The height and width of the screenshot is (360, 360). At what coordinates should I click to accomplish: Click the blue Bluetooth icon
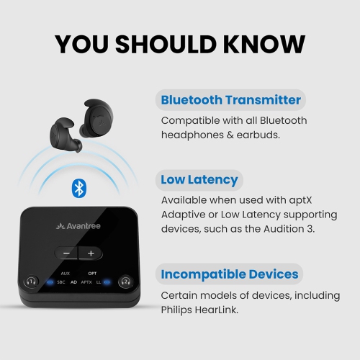click(x=78, y=189)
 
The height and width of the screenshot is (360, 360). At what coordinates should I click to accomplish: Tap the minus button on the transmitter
click(x=66, y=253)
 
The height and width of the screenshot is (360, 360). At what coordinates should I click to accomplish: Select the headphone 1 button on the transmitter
click(x=30, y=282)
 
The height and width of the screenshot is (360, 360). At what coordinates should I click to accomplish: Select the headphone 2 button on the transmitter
click(x=125, y=282)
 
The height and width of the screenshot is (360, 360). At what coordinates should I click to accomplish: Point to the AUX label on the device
click(x=66, y=274)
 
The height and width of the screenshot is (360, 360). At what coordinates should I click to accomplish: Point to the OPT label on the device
click(x=92, y=274)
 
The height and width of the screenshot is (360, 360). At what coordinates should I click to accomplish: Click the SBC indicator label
click(x=60, y=282)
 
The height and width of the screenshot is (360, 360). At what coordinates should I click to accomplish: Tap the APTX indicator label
click(x=86, y=282)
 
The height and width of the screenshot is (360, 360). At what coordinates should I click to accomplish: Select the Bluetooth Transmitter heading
click(x=230, y=99)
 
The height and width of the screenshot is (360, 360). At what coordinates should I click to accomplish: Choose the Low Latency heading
click(x=199, y=179)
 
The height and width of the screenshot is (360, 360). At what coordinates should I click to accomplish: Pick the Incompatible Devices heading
click(x=229, y=274)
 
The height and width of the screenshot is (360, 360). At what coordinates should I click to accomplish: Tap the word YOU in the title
click(x=86, y=44)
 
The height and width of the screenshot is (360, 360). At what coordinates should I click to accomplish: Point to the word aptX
click(x=288, y=199)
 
